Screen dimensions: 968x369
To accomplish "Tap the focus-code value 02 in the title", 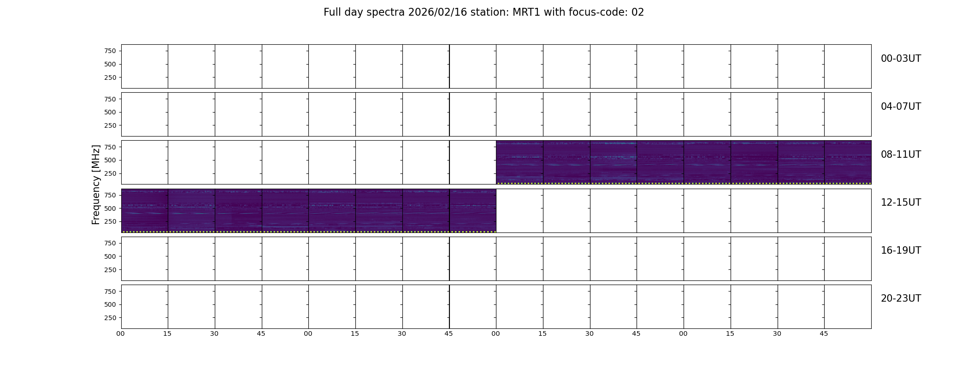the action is [x=637, y=12].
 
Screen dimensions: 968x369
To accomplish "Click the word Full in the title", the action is [x=332, y=12].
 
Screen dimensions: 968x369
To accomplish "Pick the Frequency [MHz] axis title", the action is [x=96, y=184].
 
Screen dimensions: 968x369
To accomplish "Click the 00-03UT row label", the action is [x=901, y=59].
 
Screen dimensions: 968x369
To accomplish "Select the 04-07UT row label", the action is [x=901, y=107].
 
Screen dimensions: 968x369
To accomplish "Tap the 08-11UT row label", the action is [x=901, y=155].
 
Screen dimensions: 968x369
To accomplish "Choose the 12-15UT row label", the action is [x=901, y=202].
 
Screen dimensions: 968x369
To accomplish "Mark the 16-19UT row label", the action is [x=901, y=250].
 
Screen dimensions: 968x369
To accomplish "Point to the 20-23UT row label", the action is [x=901, y=298].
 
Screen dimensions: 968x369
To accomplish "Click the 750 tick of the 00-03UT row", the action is [x=110, y=51].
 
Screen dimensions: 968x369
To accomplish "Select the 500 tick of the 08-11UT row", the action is [x=110, y=161].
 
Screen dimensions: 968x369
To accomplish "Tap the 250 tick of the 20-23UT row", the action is [x=110, y=318].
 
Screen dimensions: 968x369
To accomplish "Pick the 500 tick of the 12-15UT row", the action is [x=110, y=208].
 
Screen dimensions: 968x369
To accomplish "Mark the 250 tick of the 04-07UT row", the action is [x=110, y=125].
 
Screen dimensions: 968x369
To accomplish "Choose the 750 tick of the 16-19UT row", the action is [x=110, y=243].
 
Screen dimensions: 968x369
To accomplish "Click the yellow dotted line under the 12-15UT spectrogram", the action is [x=309, y=232].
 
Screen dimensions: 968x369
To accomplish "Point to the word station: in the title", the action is [x=491, y=12].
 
